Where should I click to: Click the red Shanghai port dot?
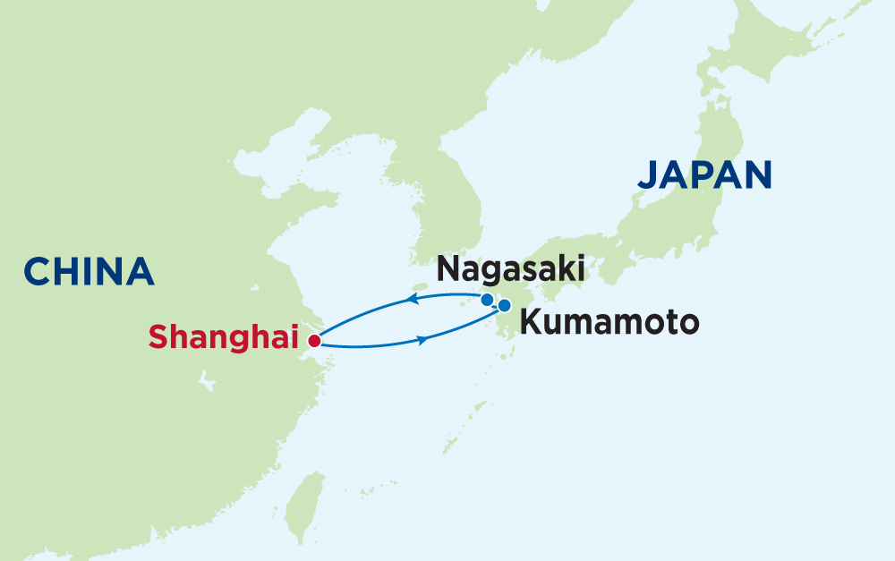pyautogui.click(x=313, y=341)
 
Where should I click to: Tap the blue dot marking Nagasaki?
pyautogui.click(x=487, y=300)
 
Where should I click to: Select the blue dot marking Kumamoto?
pyautogui.click(x=504, y=305)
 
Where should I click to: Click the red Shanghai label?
pyautogui.click(x=223, y=338)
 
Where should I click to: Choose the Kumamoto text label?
pyautogui.click(x=608, y=321)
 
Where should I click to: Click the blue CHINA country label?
pyautogui.click(x=89, y=271)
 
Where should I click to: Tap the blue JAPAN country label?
pyautogui.click(x=704, y=174)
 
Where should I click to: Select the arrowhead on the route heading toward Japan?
pyautogui.click(x=421, y=337)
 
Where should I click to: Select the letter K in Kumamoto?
pyautogui.click(x=530, y=321)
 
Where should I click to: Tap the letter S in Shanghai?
pyautogui.click(x=158, y=338)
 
